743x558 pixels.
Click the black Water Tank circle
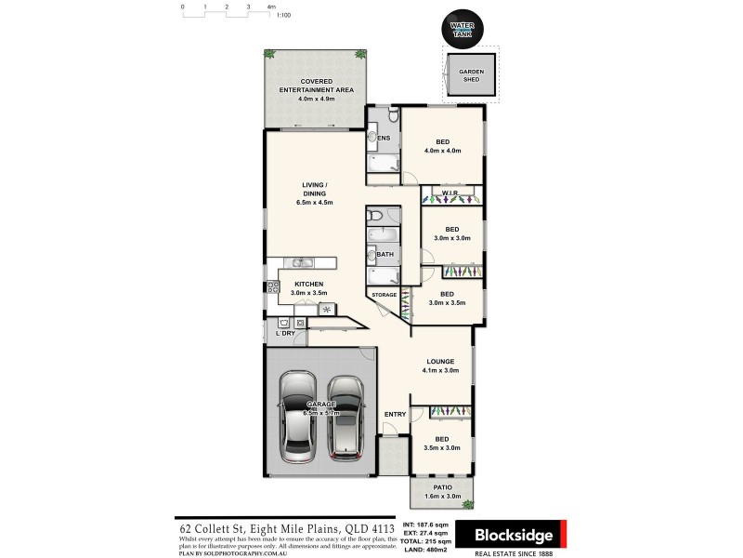[462, 28]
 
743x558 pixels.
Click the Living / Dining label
[314, 193]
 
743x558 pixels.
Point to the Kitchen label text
[308, 284]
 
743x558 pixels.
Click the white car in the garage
[300, 417]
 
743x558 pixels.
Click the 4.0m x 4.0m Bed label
[442, 146]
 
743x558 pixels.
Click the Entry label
[395, 414]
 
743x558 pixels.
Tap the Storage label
[385, 295]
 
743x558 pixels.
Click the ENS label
[382, 140]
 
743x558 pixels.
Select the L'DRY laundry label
[285, 333]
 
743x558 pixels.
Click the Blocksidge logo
[515, 536]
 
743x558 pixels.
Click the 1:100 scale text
[284, 16]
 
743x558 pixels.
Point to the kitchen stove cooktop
[274, 287]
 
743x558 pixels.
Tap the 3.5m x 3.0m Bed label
[442, 444]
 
